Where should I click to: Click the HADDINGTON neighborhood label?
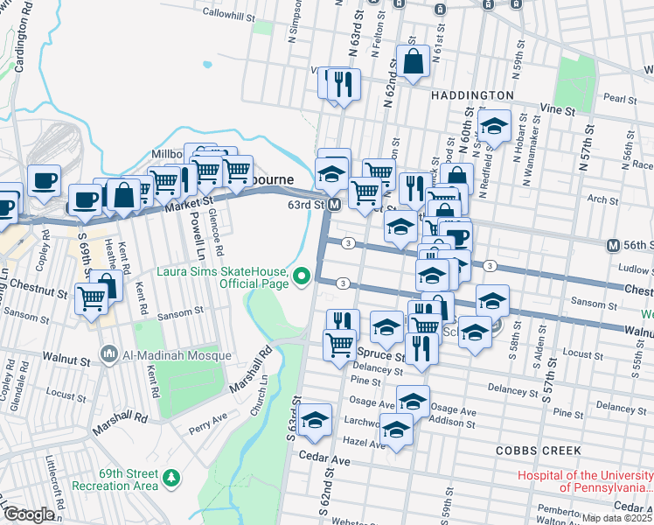pyautogui.click(x=471, y=94)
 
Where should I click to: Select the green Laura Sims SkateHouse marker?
pyautogui.click(x=303, y=277)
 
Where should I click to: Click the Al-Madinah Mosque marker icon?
pyautogui.click(x=108, y=355)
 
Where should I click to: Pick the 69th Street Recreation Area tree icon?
pyautogui.click(x=172, y=478)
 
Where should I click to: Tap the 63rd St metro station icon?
pyautogui.click(x=334, y=205)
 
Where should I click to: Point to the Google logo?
pyautogui.click(x=28, y=514)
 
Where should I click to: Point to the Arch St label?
pyautogui.click(x=603, y=199)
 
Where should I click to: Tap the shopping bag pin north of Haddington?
pyautogui.click(x=413, y=61)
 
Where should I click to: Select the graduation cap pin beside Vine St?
pyautogui.click(x=494, y=127)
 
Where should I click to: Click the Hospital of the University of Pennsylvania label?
pyautogui.click(x=585, y=481)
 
